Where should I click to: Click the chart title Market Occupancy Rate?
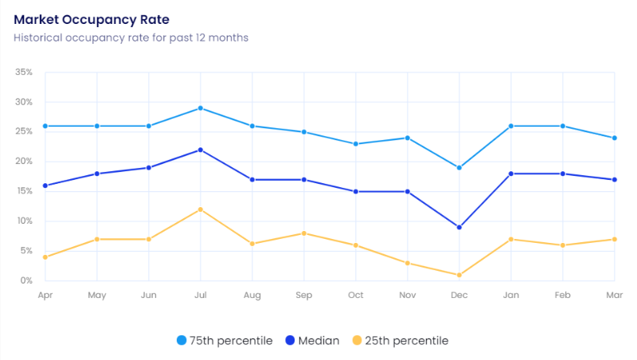(x=92, y=18)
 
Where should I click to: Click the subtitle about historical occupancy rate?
(x=131, y=37)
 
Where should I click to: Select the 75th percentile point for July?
(x=201, y=108)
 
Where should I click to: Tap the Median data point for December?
(x=459, y=227)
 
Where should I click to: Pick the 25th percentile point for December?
(x=459, y=275)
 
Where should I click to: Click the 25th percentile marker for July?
(x=201, y=209)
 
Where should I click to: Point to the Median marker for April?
(x=45, y=186)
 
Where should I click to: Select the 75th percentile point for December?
(x=459, y=168)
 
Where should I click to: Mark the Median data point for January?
(x=511, y=174)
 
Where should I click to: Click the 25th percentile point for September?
(x=304, y=233)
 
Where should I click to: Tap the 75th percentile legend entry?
(x=225, y=341)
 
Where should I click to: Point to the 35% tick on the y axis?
(x=23, y=72)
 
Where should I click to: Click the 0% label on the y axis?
(x=25, y=281)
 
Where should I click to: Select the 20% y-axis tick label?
(x=23, y=162)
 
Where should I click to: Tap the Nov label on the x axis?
(x=407, y=295)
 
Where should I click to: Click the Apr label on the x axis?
(x=45, y=295)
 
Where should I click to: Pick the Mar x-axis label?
(x=613, y=295)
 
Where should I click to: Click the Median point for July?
(x=201, y=150)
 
